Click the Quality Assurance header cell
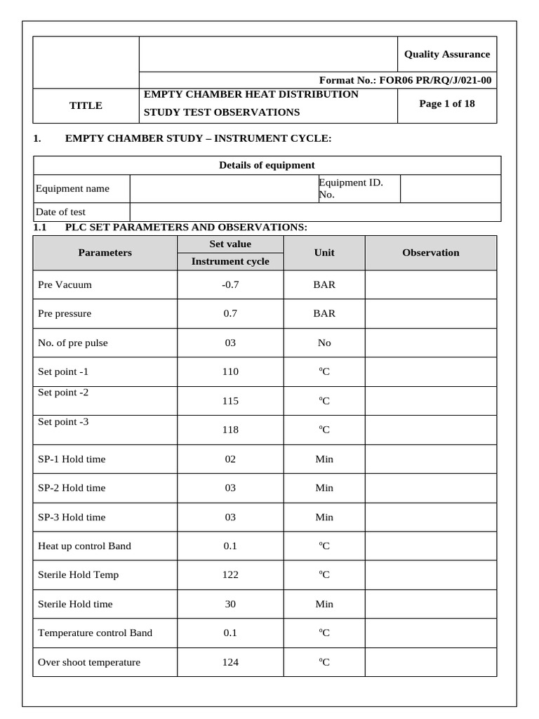446,54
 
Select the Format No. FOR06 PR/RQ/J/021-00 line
405,80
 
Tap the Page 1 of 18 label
446,104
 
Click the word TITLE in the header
86,105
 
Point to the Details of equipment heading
267,165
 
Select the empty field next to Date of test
315,212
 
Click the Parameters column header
105,253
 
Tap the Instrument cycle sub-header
230,262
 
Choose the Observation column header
430,253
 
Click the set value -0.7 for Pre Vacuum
230,285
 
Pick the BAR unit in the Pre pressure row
324,314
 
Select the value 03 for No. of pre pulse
230,343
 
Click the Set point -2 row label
63,393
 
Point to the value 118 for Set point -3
230,430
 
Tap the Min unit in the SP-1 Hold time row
324,459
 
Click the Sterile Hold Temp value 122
230,575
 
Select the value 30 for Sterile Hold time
230,604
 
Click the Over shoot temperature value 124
230,662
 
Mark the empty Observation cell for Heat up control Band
430,546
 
